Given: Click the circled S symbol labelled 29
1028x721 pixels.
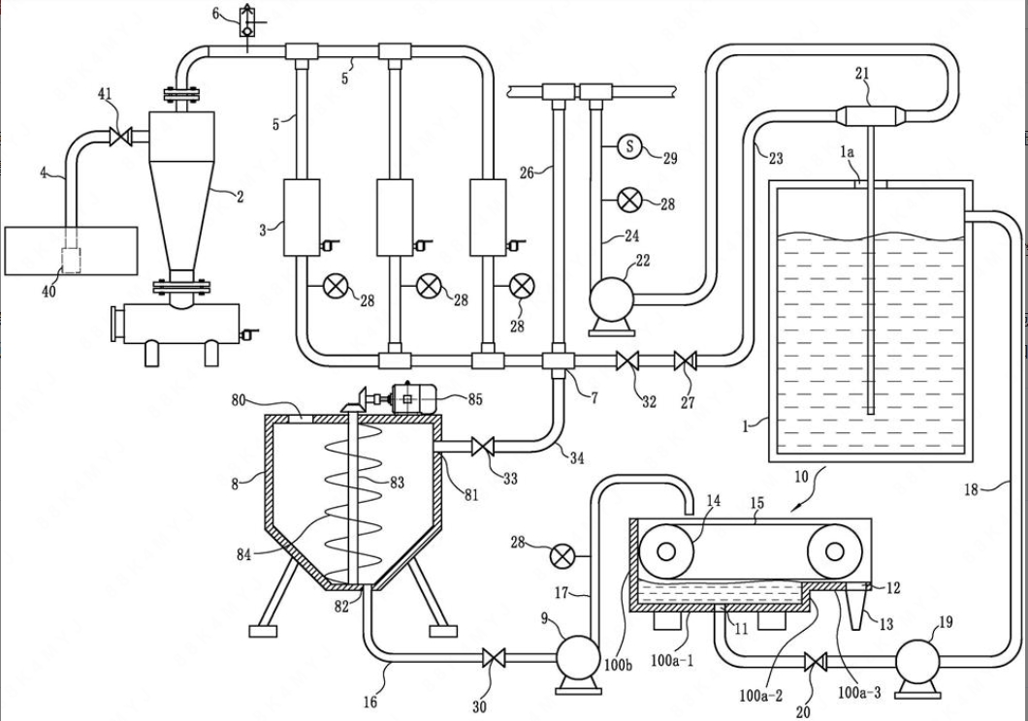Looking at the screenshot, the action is coord(629,146).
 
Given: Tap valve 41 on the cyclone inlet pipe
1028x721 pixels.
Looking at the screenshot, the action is coord(120,137).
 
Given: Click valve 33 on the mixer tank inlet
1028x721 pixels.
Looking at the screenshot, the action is coord(483,448).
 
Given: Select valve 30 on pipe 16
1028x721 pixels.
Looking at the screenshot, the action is coord(493,657).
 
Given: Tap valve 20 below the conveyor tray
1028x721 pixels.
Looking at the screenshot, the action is coord(815,663).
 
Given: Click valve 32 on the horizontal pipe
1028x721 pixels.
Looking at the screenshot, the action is coord(627,360).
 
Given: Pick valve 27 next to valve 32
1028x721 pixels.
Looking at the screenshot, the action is coord(686,360).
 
